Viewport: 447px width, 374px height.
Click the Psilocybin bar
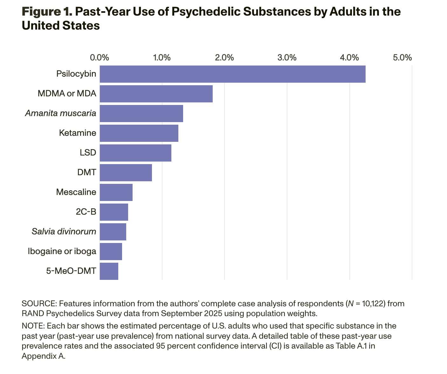coord(232,74)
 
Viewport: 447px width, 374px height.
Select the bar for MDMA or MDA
coord(156,94)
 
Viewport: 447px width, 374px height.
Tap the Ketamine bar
coord(139,133)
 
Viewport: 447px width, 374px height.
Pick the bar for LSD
coord(135,153)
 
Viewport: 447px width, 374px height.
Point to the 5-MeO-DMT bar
coord(109,271)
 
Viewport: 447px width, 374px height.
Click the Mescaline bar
coord(116,192)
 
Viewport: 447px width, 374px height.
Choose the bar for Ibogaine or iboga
coord(111,252)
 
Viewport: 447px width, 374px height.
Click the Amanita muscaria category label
coord(60,113)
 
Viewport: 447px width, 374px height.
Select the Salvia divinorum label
coord(64,232)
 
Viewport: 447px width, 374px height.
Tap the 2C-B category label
coord(86,212)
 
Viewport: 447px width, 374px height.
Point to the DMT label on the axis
coord(86,172)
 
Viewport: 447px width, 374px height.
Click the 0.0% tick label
coord(100,58)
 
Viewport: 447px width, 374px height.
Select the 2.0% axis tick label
coord(224,58)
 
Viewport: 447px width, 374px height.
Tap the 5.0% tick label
coord(402,58)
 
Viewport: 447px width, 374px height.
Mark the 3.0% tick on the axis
coord(287,58)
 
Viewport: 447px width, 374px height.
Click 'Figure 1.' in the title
coord(47,12)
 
